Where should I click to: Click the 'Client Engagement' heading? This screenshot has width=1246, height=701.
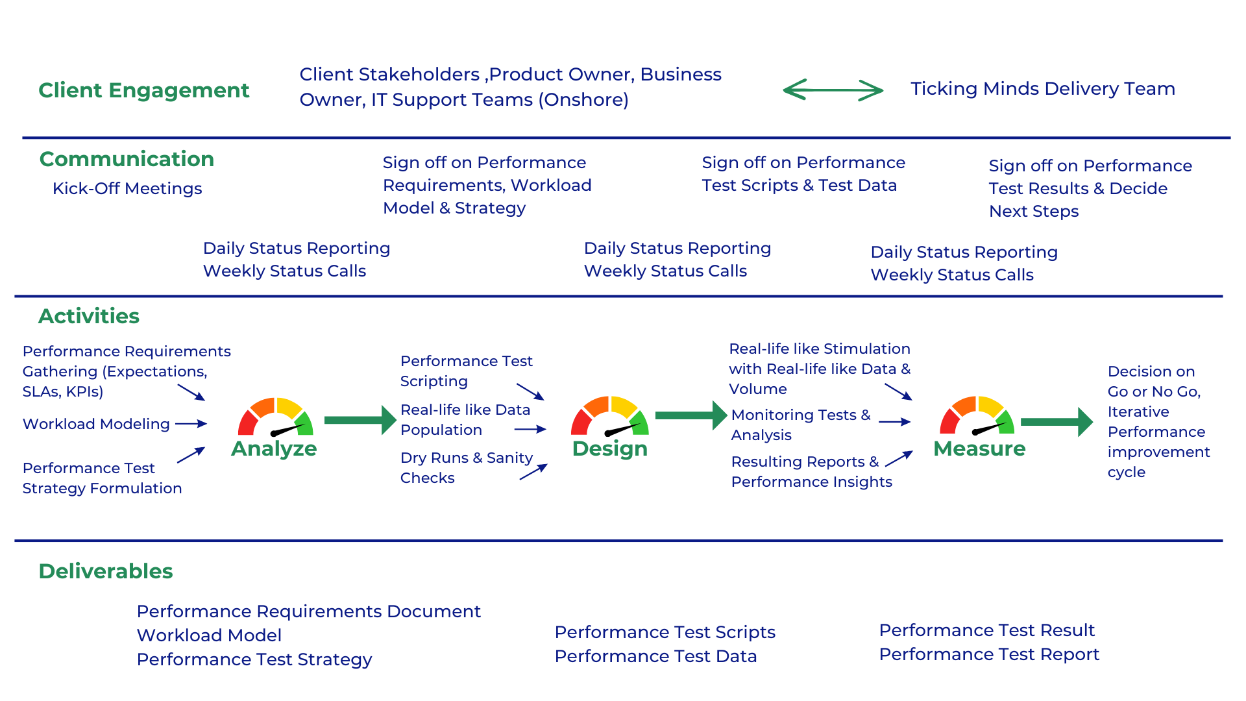click(x=143, y=90)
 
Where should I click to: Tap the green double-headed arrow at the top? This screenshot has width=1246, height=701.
click(x=833, y=90)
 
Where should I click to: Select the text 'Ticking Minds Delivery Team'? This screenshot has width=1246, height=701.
click(x=1042, y=88)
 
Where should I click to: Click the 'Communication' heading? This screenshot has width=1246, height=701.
click(x=127, y=159)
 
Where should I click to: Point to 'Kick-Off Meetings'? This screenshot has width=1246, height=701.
click(x=127, y=188)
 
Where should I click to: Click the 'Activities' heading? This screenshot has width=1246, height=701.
click(x=89, y=316)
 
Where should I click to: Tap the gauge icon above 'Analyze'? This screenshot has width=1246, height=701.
click(x=276, y=417)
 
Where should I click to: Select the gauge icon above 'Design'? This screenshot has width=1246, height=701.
click(x=609, y=417)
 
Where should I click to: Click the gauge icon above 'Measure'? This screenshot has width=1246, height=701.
click(x=978, y=417)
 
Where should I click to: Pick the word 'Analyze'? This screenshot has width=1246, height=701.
click(x=274, y=449)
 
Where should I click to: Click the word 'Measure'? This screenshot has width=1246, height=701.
click(x=979, y=449)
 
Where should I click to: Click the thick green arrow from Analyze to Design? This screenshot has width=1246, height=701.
click(x=360, y=420)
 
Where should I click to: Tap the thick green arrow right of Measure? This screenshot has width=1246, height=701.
click(x=1057, y=422)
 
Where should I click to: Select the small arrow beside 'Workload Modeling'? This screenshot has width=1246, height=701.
click(x=191, y=424)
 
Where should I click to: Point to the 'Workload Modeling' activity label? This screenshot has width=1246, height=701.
click(x=96, y=424)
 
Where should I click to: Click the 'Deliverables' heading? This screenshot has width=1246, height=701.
click(x=106, y=571)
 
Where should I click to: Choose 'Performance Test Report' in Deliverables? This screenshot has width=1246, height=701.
click(x=989, y=654)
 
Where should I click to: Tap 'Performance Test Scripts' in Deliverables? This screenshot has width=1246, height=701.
click(x=665, y=632)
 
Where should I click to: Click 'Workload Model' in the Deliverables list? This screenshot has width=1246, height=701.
click(x=209, y=635)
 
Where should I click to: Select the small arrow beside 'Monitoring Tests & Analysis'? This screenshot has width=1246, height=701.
click(x=895, y=422)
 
